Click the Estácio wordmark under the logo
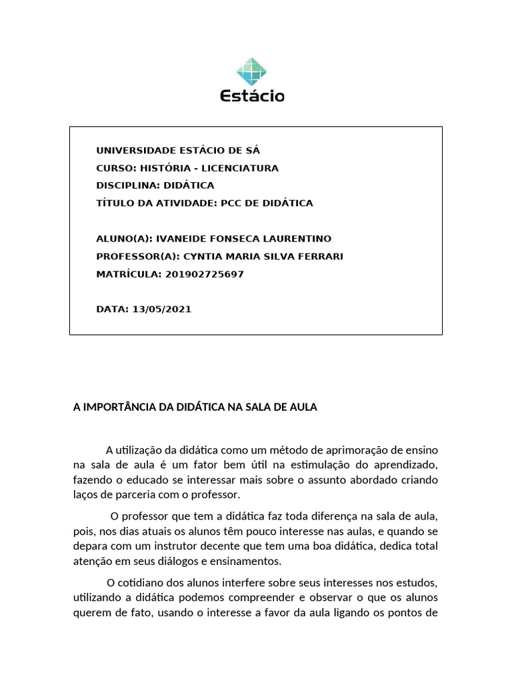coord(252,96)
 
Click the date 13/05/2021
coord(162,309)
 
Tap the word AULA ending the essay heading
coord(303,407)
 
